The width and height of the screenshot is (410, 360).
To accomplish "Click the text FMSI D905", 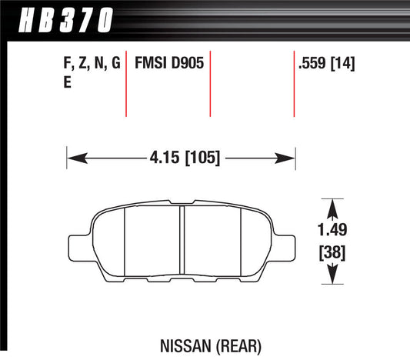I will pos(169,65).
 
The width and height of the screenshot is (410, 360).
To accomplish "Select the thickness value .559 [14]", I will pos(325,65).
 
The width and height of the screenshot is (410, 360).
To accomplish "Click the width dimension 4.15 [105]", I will pos(182,158).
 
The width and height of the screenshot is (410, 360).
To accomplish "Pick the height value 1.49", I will pos(332,229).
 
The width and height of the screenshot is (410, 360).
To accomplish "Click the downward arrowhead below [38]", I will pos(332,277).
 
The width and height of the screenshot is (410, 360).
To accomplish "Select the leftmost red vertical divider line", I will pos(125,85).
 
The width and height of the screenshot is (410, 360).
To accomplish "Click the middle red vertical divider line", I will pos(210,85).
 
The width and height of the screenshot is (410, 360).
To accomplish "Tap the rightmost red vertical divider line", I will pos(294,85).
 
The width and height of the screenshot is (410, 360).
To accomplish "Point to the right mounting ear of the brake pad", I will pos(286,248).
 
